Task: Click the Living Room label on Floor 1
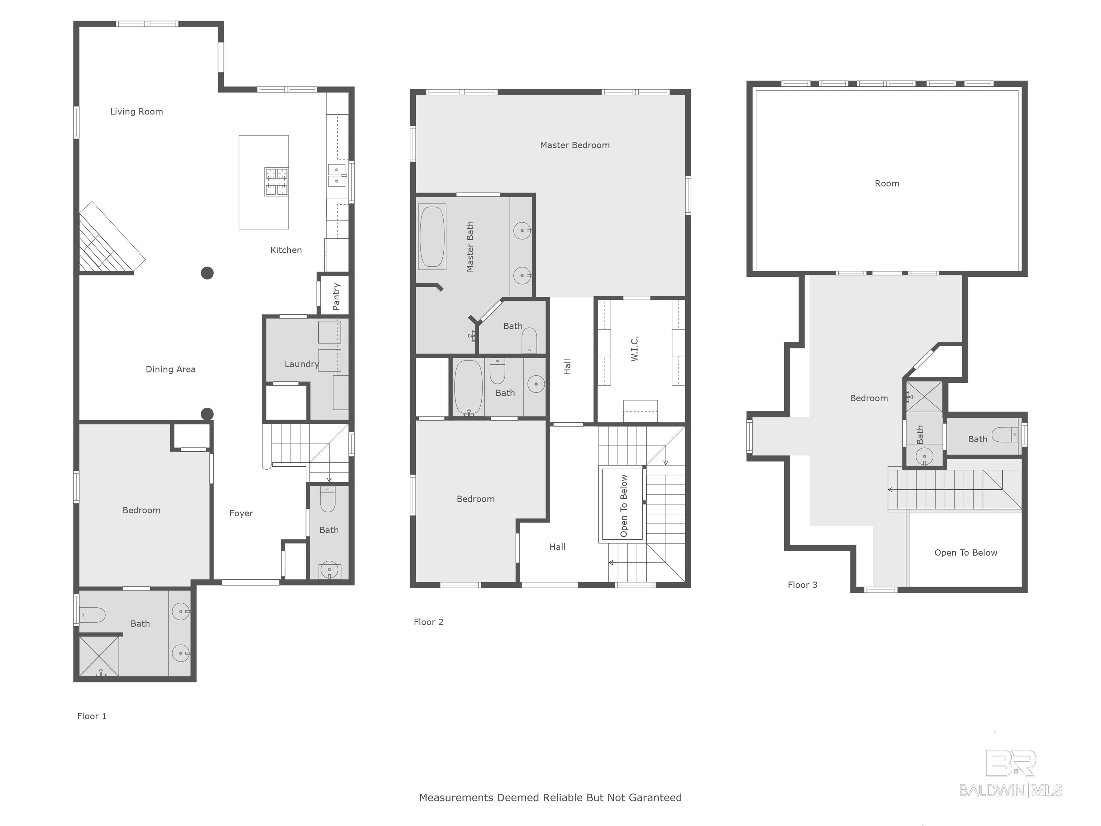click(x=137, y=111)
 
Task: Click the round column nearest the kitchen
click(x=207, y=273)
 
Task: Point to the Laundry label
click(x=301, y=364)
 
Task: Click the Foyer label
click(x=241, y=513)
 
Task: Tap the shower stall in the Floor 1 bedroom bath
click(x=99, y=656)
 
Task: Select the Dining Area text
click(x=170, y=369)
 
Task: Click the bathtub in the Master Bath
click(x=432, y=237)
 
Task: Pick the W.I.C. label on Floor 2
click(x=634, y=348)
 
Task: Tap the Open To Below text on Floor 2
click(x=624, y=505)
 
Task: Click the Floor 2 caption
click(x=428, y=622)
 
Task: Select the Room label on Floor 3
click(x=886, y=184)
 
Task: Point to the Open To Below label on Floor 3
click(x=965, y=553)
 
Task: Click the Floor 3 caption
click(x=802, y=585)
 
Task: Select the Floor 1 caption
click(x=92, y=716)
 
